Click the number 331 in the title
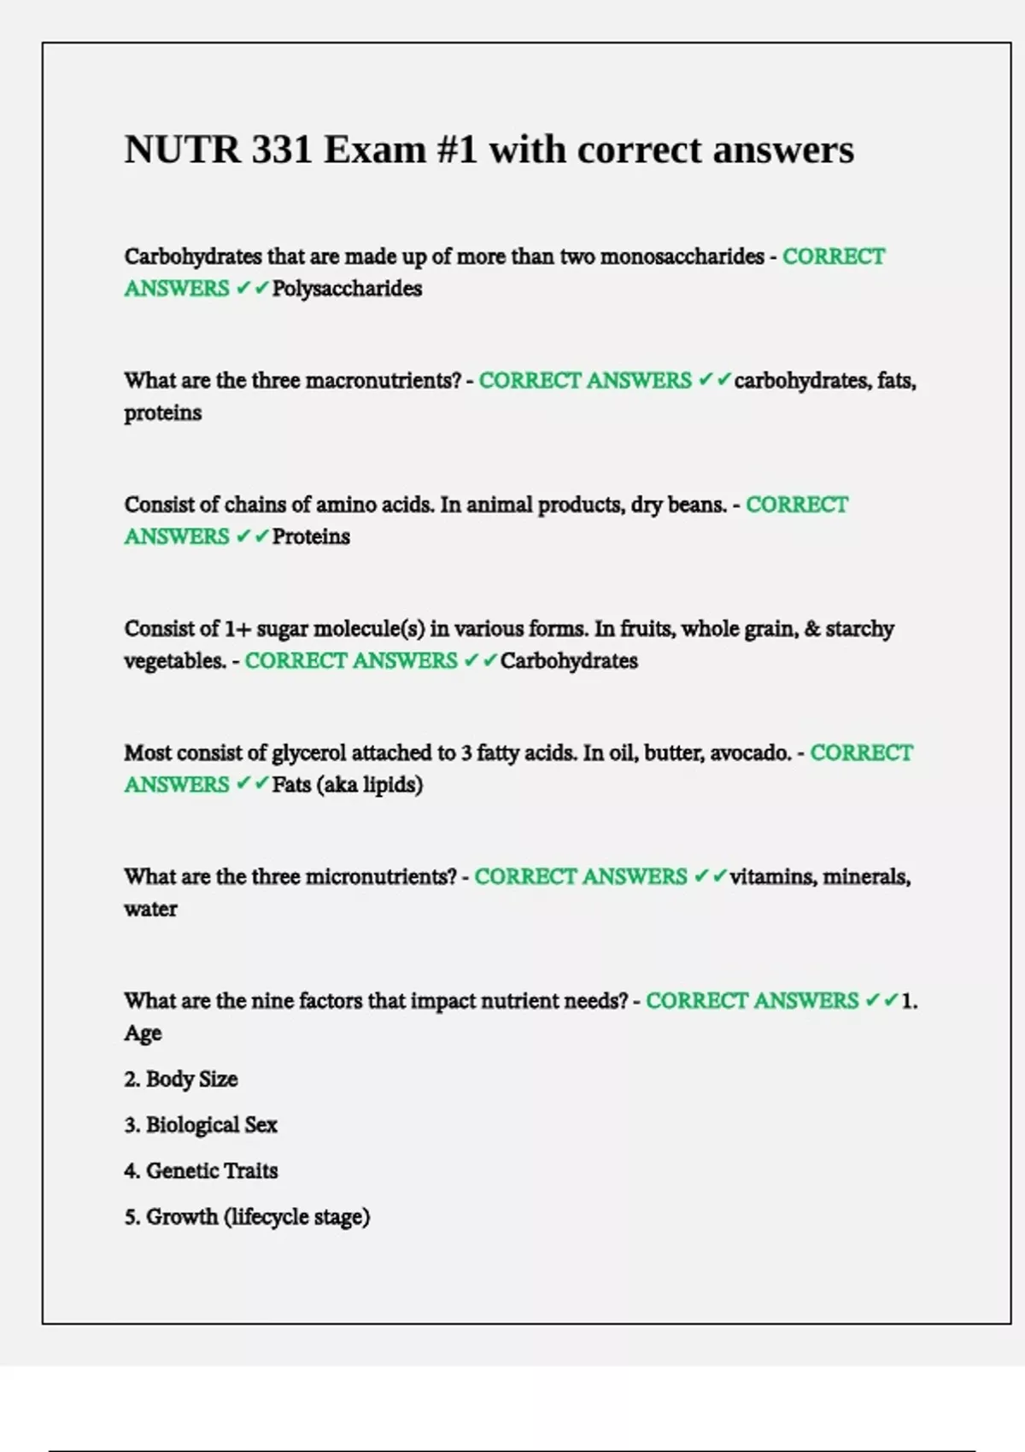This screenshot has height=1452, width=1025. click(x=281, y=149)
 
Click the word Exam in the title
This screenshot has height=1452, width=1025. click(x=374, y=149)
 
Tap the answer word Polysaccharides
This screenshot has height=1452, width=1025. click(x=347, y=289)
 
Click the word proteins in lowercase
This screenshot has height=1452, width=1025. click(x=163, y=413)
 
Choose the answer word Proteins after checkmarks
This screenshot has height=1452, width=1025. click(x=311, y=536)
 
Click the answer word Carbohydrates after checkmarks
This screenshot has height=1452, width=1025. click(x=569, y=660)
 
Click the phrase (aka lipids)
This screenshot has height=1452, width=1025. click(x=369, y=785)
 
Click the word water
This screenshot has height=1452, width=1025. click(x=150, y=909)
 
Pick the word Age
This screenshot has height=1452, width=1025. click(x=143, y=1033)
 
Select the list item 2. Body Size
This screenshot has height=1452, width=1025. click(x=181, y=1080)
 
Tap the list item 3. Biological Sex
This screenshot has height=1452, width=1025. click(x=201, y=1125)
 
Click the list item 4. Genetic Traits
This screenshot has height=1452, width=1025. click(x=201, y=1171)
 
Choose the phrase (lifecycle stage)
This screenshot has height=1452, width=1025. click(x=296, y=1217)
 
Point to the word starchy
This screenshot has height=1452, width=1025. click(x=859, y=629)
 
